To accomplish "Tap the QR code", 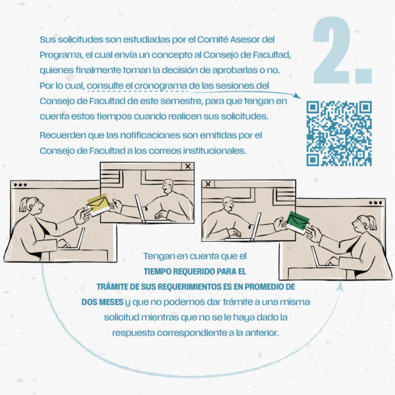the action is pos(339,134).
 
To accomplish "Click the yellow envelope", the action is pos(99,205).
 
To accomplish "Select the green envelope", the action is pos(298,223).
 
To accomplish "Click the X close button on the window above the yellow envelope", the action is pos(188,167).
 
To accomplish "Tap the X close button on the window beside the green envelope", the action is pos(208,184).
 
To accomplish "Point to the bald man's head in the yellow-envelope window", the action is pos(167,186).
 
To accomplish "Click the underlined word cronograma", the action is pos(161,86).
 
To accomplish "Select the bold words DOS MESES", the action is pos(103,302).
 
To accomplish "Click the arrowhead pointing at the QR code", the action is pos(298,96).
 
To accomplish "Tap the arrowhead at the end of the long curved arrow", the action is pos(340,286).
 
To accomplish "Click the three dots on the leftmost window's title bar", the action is pos(20,185).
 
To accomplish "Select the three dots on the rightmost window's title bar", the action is pos(375,203).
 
